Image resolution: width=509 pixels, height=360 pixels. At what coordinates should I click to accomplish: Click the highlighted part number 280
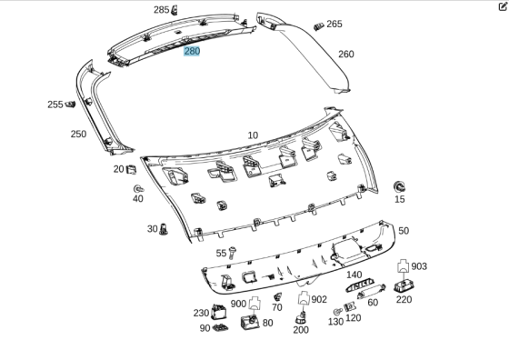(x=192, y=52)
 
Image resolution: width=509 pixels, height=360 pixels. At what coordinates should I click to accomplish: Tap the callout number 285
(x=161, y=10)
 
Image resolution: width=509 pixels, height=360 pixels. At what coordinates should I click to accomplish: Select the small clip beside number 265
(x=317, y=24)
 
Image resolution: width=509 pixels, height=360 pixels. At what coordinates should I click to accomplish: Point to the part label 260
(x=346, y=54)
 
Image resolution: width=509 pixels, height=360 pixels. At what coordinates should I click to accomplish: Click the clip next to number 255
(x=70, y=105)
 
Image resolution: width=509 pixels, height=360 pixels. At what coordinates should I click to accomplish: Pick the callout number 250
(x=78, y=134)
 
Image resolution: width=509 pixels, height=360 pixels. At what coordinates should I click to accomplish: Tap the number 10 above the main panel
(x=253, y=135)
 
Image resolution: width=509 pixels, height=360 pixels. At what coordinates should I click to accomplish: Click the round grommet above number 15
(x=399, y=185)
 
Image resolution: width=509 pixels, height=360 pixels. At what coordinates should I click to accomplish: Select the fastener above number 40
(x=137, y=185)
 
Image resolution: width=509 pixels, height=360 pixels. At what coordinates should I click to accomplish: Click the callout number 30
(x=152, y=229)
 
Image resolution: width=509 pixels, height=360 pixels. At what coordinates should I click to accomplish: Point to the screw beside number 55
(x=235, y=252)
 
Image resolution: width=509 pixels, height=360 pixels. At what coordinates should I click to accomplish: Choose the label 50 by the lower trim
(x=404, y=231)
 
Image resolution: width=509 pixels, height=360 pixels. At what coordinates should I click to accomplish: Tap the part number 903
(x=419, y=266)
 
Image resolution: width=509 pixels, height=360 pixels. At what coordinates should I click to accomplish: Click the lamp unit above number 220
(x=404, y=285)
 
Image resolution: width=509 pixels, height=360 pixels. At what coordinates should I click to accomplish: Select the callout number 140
(x=354, y=275)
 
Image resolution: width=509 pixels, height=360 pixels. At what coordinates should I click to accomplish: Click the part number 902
(x=319, y=299)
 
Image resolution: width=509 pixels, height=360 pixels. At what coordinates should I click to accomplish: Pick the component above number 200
(x=303, y=317)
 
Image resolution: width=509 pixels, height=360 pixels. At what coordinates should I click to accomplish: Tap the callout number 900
(x=238, y=304)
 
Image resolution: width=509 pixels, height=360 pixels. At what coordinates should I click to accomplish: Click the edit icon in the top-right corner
(x=503, y=6)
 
